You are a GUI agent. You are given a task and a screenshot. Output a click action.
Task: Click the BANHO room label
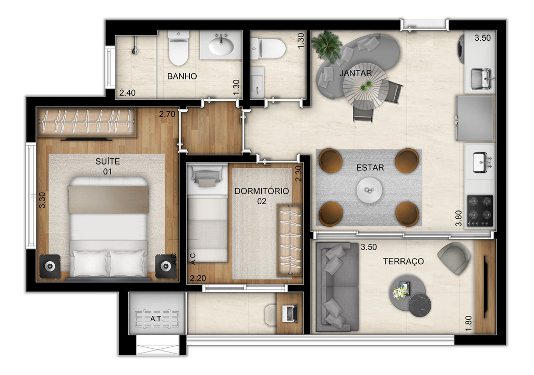[181, 76]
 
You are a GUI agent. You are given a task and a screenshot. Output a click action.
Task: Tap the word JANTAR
[356, 73]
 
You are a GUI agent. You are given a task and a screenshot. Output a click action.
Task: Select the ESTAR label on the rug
[370, 168]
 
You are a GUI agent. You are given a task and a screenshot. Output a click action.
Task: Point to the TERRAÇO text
[403, 261]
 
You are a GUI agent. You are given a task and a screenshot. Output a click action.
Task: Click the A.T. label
[156, 319]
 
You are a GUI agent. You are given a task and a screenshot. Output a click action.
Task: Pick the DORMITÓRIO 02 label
[261, 196]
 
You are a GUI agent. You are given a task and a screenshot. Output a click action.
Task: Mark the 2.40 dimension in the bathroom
[127, 93]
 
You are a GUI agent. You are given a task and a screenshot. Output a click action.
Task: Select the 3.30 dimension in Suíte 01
[42, 200]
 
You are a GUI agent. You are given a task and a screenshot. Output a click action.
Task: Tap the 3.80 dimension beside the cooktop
[458, 218]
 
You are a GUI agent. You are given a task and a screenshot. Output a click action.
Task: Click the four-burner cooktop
[480, 210]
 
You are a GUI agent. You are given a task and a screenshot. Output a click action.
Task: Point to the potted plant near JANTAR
[327, 45]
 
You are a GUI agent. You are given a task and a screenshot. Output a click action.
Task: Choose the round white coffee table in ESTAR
[370, 191]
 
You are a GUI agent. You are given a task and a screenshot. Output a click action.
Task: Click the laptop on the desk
[289, 313]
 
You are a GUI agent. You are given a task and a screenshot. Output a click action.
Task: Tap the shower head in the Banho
[135, 50]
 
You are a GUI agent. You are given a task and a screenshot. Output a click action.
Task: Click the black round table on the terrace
[420, 306]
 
